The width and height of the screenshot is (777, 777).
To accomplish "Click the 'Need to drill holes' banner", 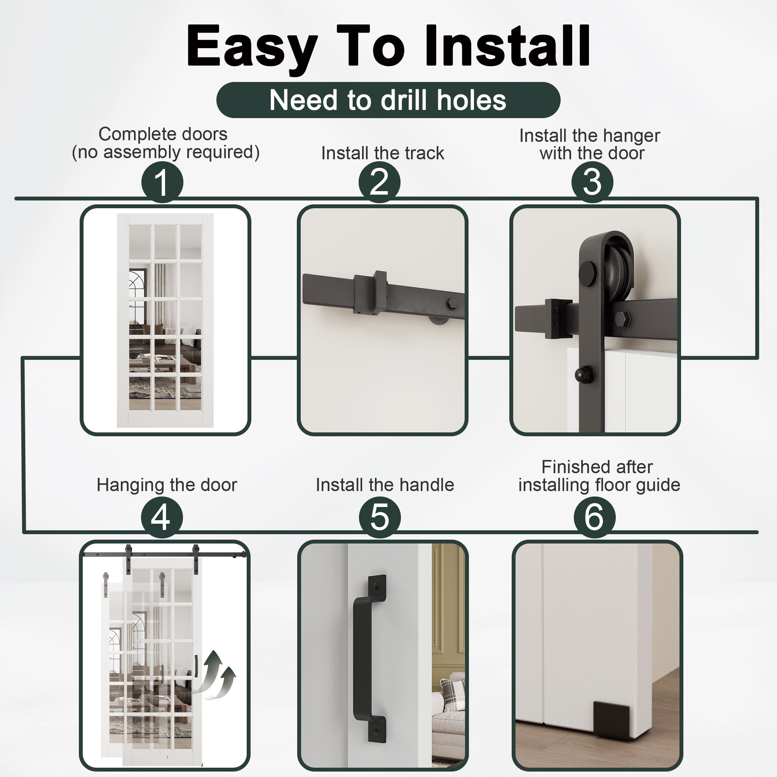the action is [388, 100].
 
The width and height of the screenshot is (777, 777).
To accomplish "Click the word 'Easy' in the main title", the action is [252, 48].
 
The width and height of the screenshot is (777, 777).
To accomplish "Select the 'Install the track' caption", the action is [382, 153].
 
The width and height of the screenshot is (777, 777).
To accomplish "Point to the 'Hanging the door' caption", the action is [167, 484].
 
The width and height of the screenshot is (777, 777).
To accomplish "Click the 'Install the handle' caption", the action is [385, 484].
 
